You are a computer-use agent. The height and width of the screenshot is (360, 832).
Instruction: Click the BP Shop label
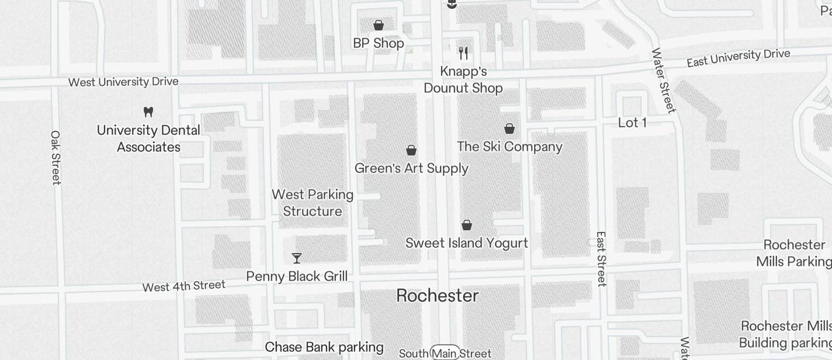379,43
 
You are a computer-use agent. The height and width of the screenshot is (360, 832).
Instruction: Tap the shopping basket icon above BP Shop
379,25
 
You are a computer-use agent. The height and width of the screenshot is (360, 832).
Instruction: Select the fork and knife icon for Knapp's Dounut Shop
463,53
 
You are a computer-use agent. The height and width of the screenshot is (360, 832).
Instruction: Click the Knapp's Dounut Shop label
463,80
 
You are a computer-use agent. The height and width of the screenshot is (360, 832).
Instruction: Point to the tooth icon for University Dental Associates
148,111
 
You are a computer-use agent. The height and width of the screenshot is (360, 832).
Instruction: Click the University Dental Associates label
148,139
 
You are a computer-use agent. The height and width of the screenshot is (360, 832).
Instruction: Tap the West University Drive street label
123,82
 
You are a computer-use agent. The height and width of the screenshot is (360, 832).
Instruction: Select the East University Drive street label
739,57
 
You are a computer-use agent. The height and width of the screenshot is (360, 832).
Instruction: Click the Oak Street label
56,157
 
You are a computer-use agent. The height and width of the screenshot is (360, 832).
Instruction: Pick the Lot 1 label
632,123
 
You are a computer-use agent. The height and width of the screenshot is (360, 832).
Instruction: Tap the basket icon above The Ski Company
509,129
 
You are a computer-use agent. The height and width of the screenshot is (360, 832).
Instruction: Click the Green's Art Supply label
412,168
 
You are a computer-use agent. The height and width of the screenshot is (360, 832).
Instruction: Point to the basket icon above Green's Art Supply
411,150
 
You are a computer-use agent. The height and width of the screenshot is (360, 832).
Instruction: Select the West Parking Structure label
313,203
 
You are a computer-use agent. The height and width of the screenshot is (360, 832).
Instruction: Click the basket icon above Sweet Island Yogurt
467,225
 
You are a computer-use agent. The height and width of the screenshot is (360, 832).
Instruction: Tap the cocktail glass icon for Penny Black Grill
297,258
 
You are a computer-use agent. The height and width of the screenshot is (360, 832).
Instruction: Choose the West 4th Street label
184,286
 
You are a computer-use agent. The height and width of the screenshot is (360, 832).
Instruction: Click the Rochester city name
438,296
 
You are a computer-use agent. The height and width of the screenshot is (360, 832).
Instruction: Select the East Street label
601,259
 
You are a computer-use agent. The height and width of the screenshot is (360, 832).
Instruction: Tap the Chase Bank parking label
324,347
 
